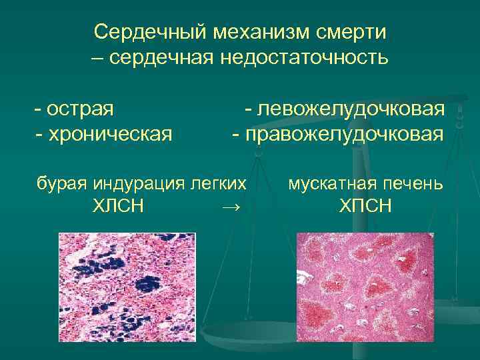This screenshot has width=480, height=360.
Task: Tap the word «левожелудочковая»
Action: pos(349,108)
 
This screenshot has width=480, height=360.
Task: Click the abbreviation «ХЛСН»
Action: pos(118,207)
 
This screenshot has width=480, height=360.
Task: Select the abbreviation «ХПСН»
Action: pos(365,207)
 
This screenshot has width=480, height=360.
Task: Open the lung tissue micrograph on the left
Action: pos(127,287)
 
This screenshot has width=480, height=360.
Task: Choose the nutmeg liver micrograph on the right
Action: pos(364,287)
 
